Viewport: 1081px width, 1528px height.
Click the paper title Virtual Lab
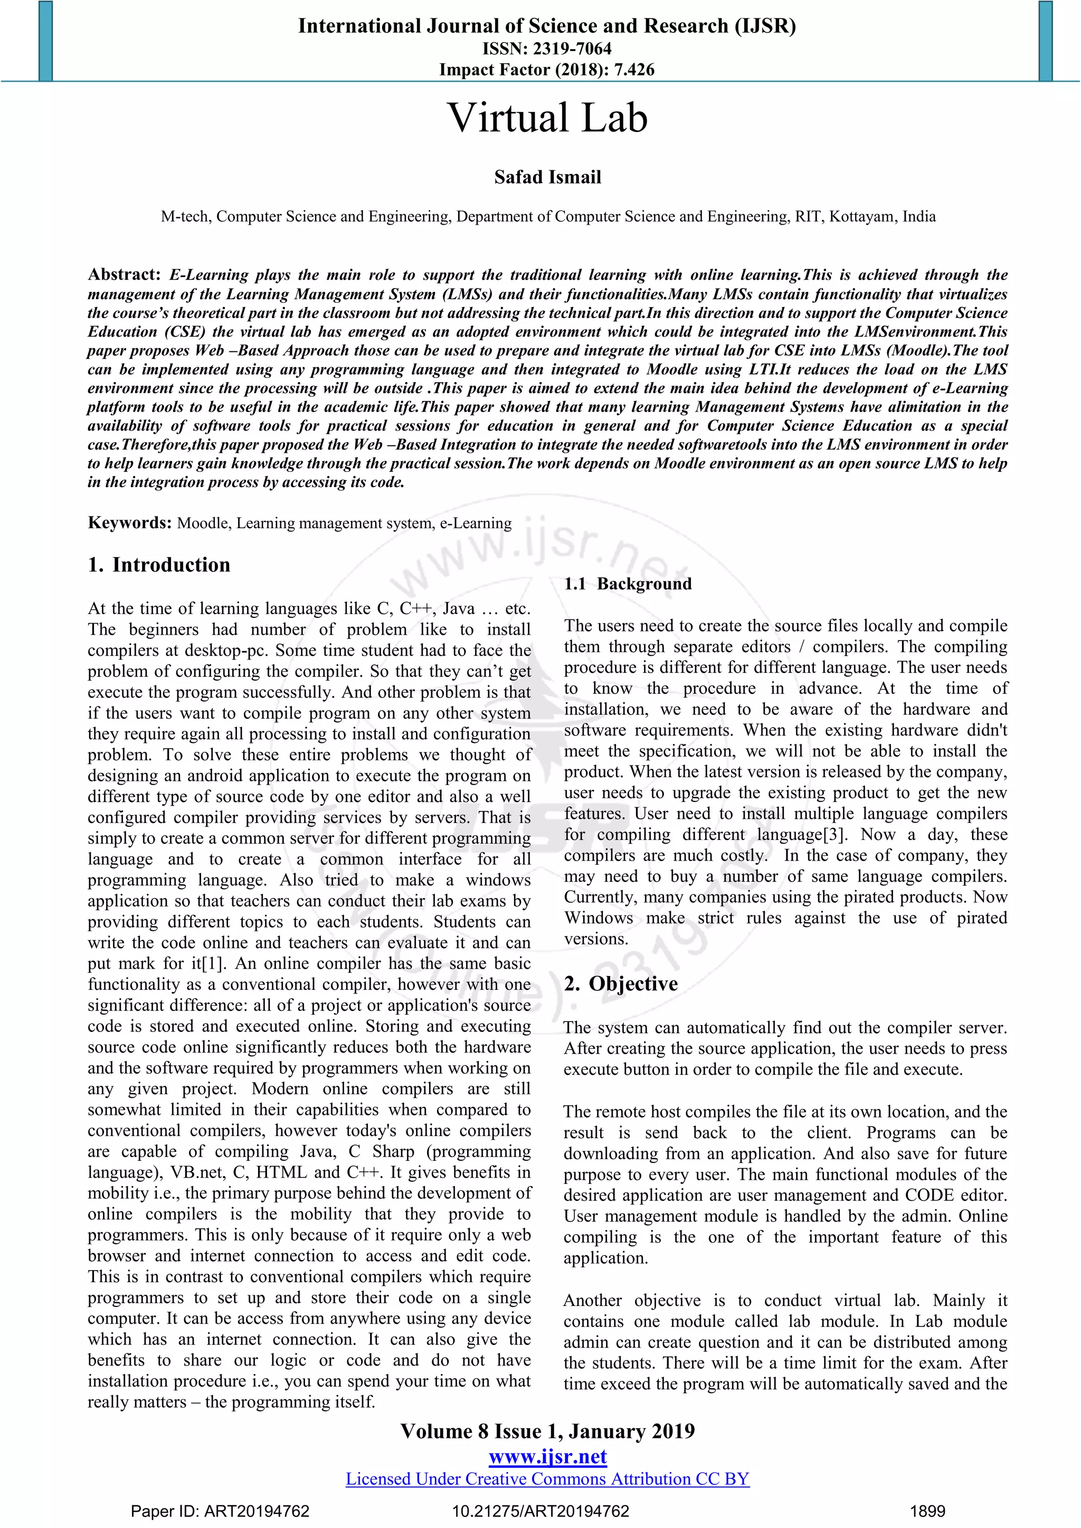(547, 119)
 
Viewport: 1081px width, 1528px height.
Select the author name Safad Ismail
(547, 177)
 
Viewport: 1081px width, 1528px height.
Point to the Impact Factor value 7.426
(634, 70)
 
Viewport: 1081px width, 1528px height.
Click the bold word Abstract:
(125, 275)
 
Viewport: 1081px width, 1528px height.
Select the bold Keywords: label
(130, 522)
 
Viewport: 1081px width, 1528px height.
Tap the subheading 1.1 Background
(628, 584)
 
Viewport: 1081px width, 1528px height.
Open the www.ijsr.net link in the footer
(547, 1456)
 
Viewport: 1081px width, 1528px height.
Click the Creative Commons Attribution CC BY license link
(547, 1479)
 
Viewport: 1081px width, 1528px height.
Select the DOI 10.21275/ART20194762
(540, 1511)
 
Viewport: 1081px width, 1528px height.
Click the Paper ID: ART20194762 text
(220, 1511)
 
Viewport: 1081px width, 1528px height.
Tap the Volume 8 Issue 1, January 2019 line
(547, 1431)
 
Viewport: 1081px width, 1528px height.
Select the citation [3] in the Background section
(834, 835)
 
